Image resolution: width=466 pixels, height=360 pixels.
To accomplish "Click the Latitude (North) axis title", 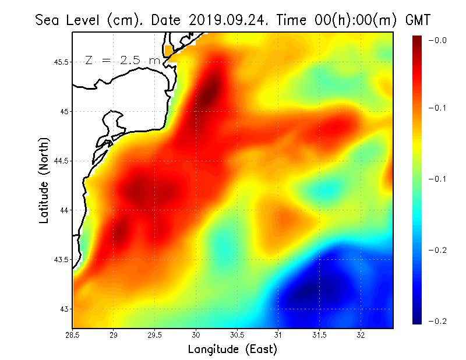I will tap(44, 180).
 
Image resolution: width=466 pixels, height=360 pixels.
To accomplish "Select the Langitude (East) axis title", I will tap(232, 350).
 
